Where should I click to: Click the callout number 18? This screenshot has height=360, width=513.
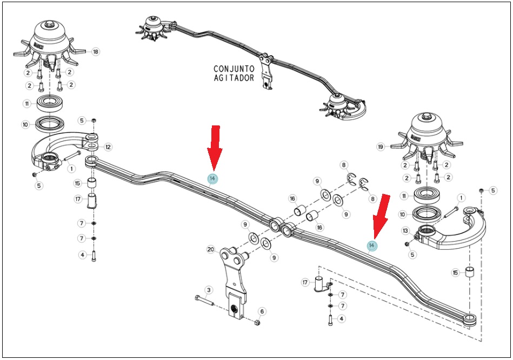(95, 52)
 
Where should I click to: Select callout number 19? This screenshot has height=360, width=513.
(381, 147)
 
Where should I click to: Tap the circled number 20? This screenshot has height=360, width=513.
(211, 250)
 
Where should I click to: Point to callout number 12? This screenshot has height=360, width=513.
(108, 147)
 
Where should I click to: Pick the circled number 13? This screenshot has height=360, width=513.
(405, 231)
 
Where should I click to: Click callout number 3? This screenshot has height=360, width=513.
(209, 290)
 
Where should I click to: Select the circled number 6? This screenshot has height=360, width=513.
(262, 312)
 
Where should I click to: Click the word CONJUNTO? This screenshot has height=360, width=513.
(234, 69)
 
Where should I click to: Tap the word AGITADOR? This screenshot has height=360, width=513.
(234, 78)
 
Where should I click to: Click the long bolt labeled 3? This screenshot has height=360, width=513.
(204, 301)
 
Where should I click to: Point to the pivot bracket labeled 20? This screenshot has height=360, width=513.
(234, 282)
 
